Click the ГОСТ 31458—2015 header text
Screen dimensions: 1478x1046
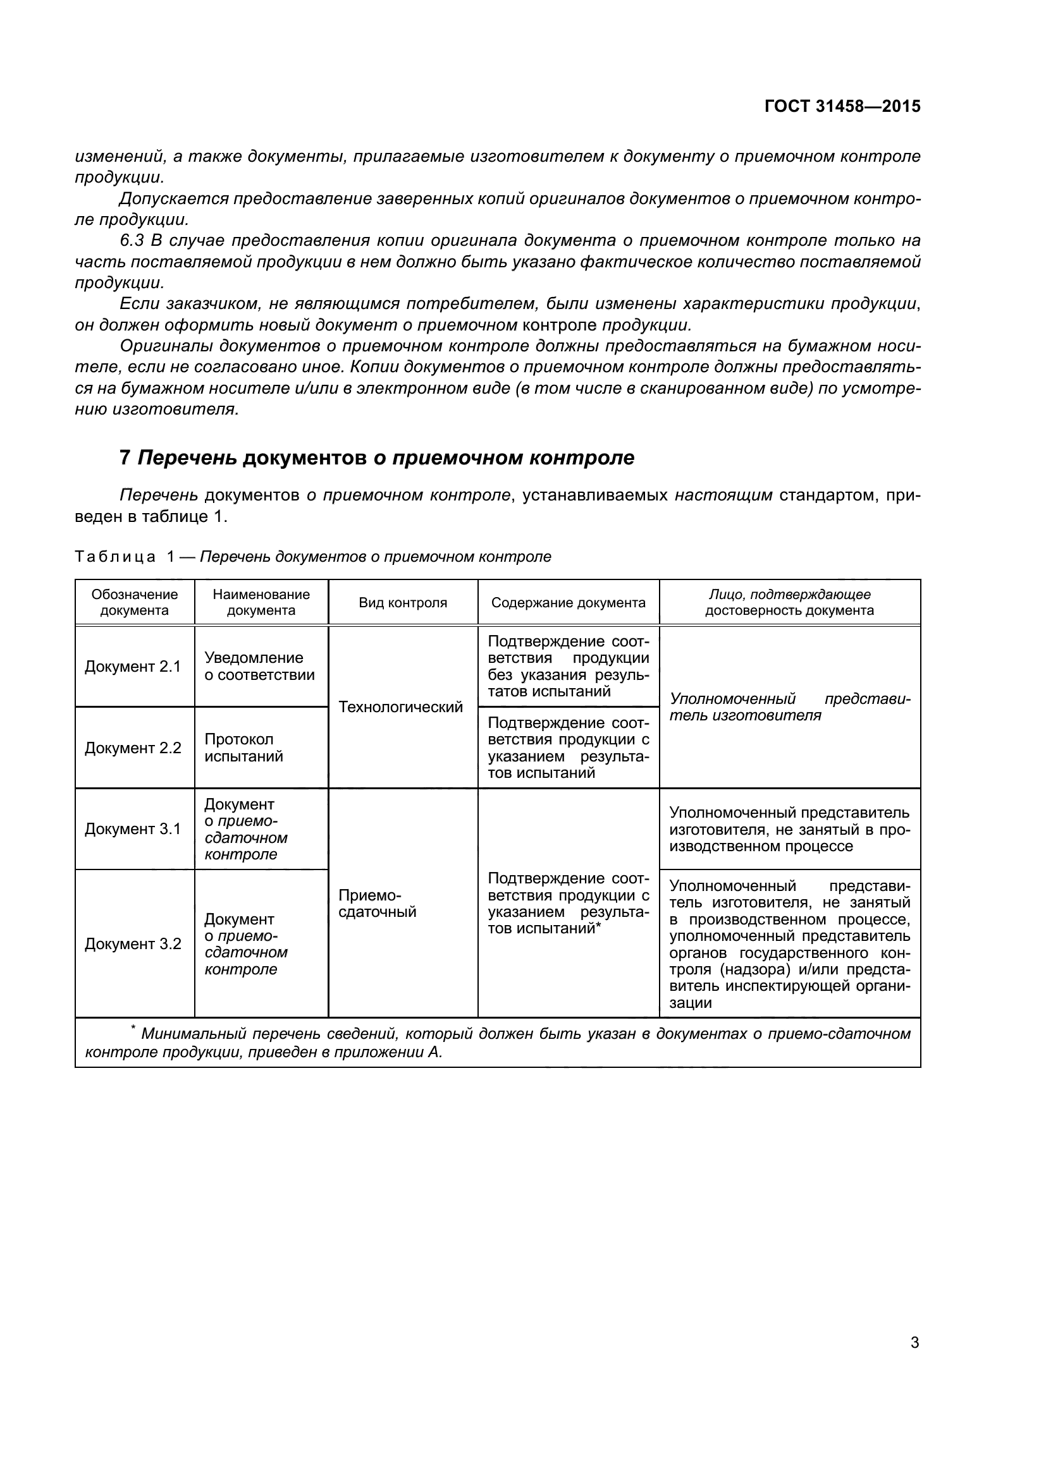[842, 106]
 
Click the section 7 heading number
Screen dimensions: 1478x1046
[125, 457]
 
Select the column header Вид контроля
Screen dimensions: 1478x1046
[403, 603]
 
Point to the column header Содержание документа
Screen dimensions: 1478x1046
[568, 603]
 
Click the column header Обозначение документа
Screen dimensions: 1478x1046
[134, 602]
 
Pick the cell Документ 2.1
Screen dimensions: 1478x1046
[133, 666]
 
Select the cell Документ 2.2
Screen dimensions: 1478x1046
[133, 748]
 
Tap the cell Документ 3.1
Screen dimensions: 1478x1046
[133, 828]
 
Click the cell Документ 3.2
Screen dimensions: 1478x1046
[133, 943]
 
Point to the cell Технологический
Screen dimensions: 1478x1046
[400, 707]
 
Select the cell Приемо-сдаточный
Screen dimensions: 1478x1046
[377, 904]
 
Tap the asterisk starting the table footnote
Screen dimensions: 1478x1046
[133, 1029]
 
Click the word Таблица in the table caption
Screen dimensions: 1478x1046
[114, 557]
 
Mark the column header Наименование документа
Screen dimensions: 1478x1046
[261, 602]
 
